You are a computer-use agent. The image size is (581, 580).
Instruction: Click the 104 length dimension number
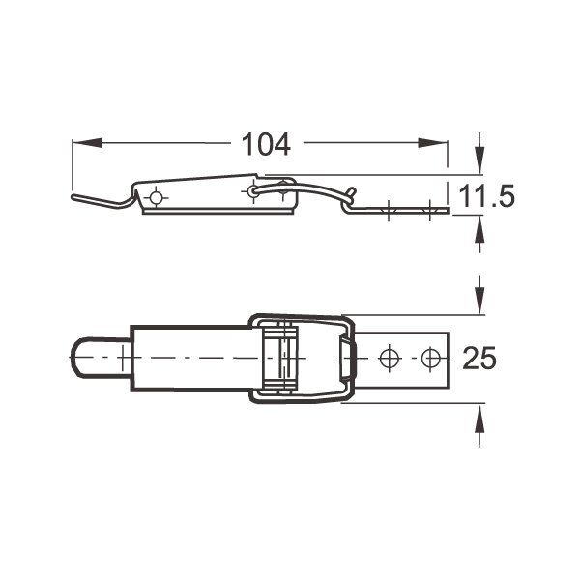(265, 144)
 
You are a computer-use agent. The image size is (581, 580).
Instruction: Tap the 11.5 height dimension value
(486, 197)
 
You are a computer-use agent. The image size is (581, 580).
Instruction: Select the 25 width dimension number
(479, 359)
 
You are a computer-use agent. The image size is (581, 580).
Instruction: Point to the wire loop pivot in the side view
(253, 191)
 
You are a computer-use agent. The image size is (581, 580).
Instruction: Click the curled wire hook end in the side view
(352, 193)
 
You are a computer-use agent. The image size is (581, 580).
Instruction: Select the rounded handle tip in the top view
(83, 358)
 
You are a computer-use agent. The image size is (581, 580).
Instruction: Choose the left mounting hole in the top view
(390, 358)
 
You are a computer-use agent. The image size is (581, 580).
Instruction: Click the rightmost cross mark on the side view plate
(426, 209)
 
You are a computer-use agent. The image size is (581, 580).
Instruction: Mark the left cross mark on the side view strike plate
(388, 209)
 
